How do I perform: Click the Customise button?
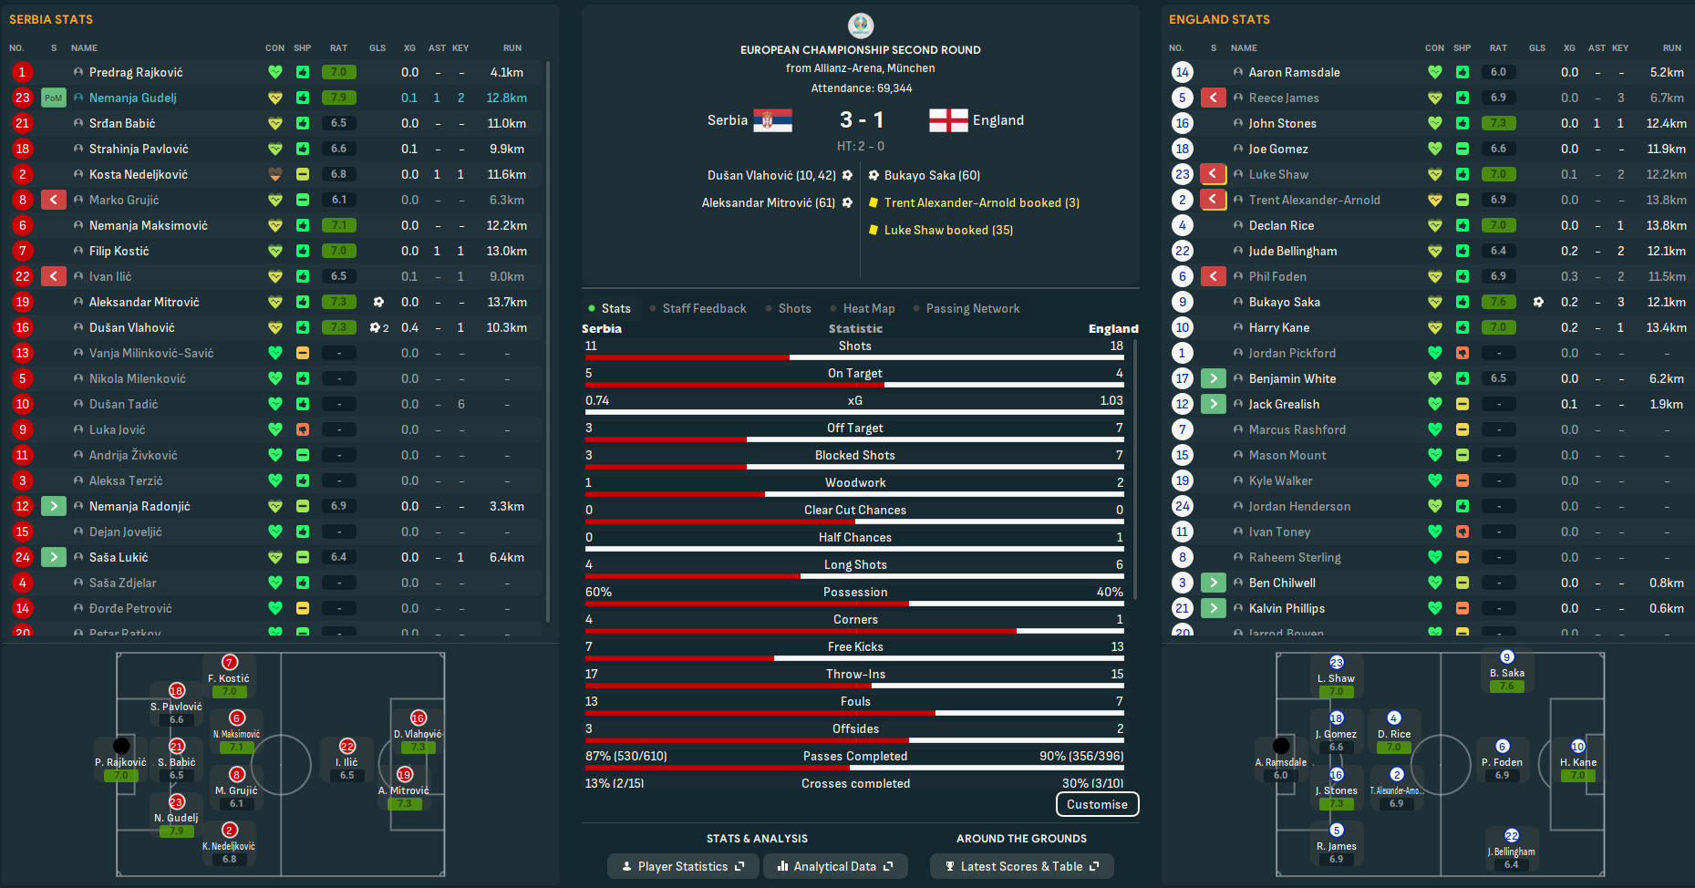tap(1097, 804)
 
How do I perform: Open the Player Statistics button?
tap(683, 866)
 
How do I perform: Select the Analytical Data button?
tap(834, 866)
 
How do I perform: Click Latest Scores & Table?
tap(1021, 866)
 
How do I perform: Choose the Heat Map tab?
tap(868, 308)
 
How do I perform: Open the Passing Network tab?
tap(972, 308)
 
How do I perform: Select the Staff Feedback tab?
tap(704, 308)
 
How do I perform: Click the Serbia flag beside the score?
tap(772, 120)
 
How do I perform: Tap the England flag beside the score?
tap(948, 120)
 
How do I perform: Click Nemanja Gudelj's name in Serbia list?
tap(133, 98)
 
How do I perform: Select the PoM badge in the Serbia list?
tap(54, 98)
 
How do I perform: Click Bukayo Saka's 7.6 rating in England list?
tap(1498, 302)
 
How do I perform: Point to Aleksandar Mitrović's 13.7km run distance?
tap(507, 302)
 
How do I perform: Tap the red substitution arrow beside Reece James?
tap(1213, 98)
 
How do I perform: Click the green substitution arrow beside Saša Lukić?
tap(54, 557)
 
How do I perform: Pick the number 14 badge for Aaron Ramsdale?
tap(1183, 72)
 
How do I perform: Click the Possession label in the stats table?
tap(855, 592)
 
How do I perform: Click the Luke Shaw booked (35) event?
tap(948, 230)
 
